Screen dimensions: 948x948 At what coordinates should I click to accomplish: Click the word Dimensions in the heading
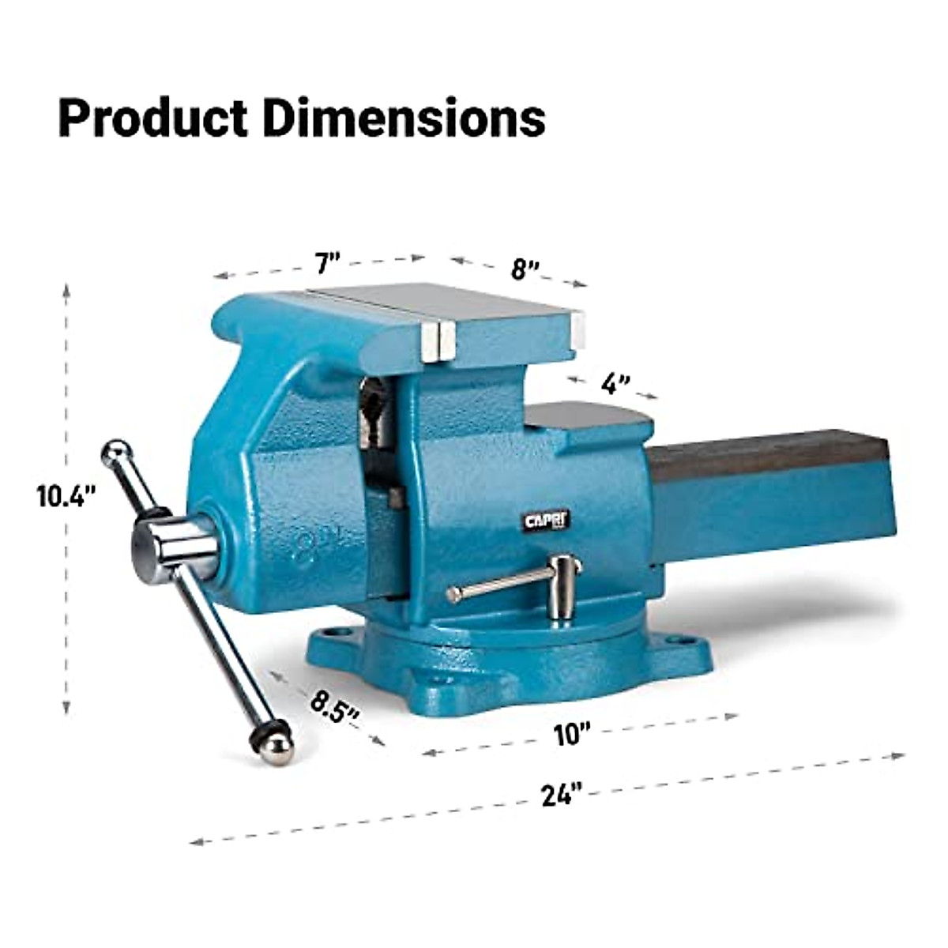[403, 118]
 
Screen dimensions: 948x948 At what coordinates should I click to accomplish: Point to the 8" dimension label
[524, 269]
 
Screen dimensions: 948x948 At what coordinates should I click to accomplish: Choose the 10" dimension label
[572, 734]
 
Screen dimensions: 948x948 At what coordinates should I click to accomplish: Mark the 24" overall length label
[562, 794]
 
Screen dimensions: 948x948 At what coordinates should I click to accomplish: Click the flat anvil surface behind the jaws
[589, 416]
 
